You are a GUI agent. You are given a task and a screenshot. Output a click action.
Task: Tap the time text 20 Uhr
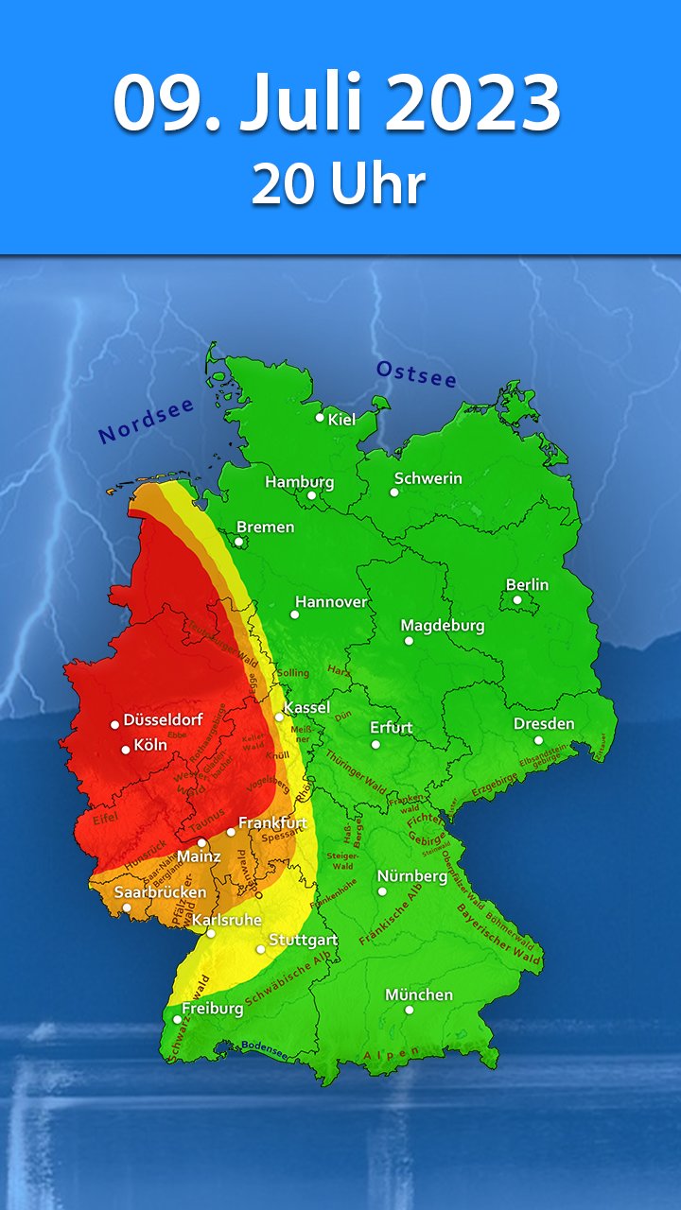click(338, 184)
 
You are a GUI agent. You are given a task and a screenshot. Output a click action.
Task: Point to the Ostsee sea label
click(416, 374)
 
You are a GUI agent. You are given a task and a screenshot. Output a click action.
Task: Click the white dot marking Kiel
click(320, 417)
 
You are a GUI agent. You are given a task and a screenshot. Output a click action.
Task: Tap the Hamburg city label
click(299, 482)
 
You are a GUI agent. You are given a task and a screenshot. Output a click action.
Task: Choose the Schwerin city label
click(428, 478)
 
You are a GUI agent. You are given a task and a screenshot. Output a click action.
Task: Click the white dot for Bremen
click(238, 542)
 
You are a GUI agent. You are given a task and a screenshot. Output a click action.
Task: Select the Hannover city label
click(331, 601)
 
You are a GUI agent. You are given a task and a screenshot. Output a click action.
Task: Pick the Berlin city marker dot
click(517, 599)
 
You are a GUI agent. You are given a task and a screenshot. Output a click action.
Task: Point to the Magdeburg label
click(443, 626)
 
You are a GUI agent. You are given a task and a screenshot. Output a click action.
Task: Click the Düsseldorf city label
click(163, 719)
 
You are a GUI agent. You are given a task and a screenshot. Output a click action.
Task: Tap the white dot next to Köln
click(126, 750)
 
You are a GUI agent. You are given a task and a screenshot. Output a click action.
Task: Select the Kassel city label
click(307, 707)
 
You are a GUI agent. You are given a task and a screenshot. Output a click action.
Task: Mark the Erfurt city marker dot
click(375, 744)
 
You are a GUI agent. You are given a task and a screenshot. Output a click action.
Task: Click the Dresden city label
click(544, 724)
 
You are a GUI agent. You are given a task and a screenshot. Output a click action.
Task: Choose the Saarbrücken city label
click(160, 891)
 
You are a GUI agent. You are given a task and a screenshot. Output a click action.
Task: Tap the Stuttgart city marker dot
click(261, 948)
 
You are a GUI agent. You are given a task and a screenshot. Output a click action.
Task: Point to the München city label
click(419, 994)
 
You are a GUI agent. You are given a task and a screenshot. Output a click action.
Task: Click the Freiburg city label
click(213, 1009)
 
